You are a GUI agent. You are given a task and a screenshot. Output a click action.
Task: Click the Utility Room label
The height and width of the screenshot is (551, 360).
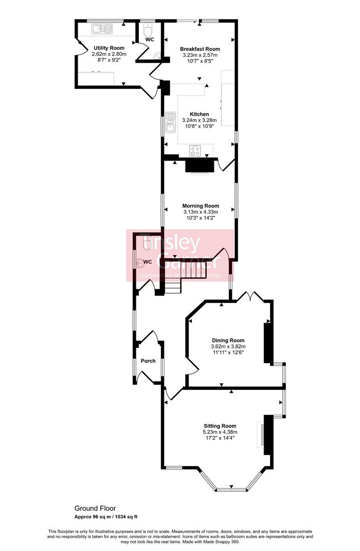point(108,48)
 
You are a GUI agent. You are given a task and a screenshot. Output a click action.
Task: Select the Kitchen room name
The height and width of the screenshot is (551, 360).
point(199,114)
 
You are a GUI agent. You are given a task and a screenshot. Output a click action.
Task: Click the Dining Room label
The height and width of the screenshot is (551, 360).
point(228,340)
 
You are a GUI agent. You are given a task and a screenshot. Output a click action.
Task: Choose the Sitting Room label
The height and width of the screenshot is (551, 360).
point(220,426)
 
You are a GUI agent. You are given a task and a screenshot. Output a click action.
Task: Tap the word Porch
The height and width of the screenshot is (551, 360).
point(148,361)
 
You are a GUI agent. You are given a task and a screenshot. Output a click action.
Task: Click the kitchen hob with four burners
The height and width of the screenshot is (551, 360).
point(196,150)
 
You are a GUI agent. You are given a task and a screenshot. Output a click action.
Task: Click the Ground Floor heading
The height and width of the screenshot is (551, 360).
point(95,508)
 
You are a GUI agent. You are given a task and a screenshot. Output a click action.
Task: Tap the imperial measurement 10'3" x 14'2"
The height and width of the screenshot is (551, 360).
point(201,218)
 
